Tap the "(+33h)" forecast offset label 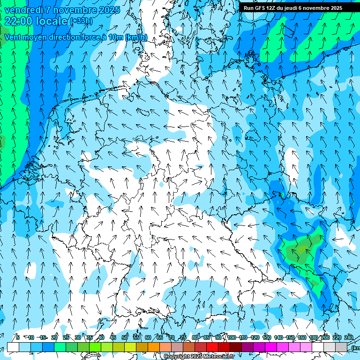click(x=81, y=21)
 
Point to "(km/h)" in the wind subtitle click(x=136, y=37)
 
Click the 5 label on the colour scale click(x=18, y=337)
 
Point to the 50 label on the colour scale click(x=125, y=337)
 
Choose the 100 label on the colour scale click(x=232, y=337)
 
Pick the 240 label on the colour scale click(x=349, y=337)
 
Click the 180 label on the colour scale click(x=314, y=337)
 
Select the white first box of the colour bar click(x=13, y=347)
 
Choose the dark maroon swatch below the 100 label click(x=236, y=347)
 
